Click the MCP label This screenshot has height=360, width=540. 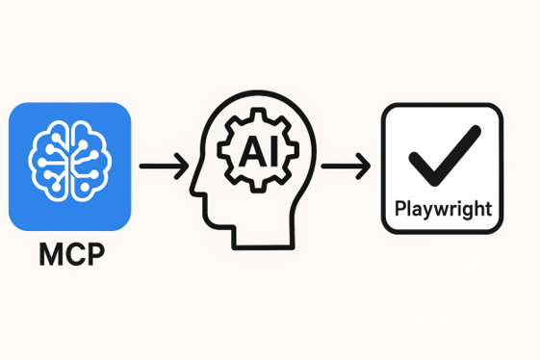click(x=68, y=255)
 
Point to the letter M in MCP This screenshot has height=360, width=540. click(x=48, y=255)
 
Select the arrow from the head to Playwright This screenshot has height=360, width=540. click(x=345, y=166)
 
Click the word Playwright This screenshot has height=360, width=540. click(x=442, y=207)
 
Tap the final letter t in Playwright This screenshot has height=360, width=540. click(x=489, y=207)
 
